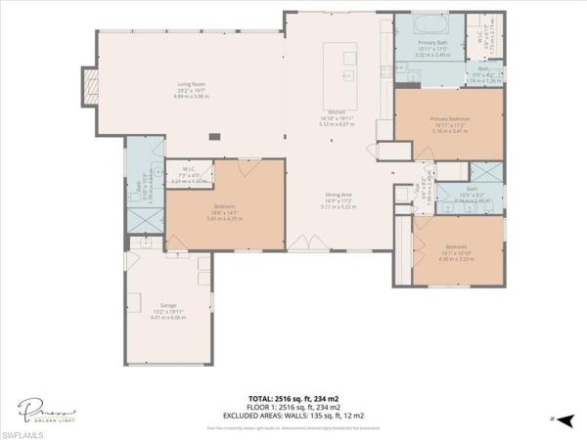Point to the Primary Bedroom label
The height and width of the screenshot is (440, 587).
click(x=450, y=119)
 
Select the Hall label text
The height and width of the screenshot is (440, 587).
click(x=415, y=188)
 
